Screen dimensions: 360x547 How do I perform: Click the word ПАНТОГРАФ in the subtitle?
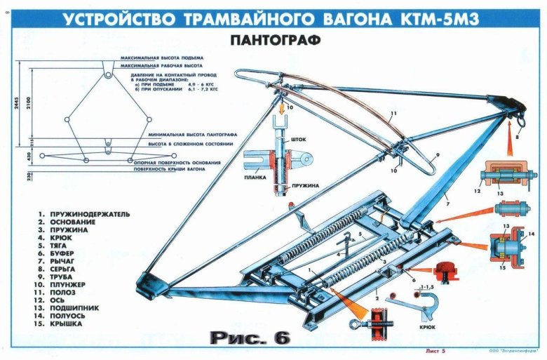(x=274, y=40)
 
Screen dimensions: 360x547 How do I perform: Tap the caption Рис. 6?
(x=249, y=338)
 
